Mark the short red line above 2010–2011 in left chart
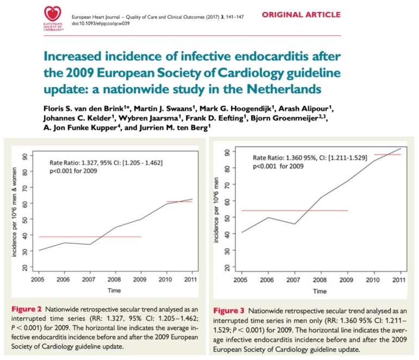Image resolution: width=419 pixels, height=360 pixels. pos(179,202)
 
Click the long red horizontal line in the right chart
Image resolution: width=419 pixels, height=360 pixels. pos(294,210)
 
